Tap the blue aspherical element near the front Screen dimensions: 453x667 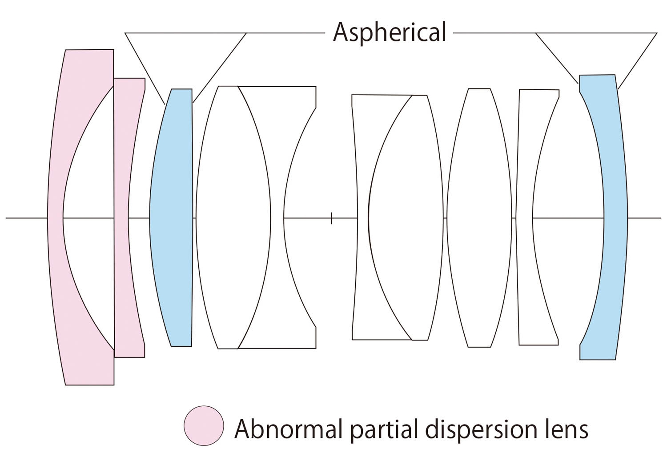(172, 218)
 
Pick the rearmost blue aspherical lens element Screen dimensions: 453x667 (616, 218)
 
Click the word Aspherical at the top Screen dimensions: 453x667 (389, 32)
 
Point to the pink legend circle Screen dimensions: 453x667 (204, 425)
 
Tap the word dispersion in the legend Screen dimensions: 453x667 (481, 429)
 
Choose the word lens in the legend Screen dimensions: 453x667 (565, 429)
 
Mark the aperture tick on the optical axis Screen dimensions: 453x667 (331, 218)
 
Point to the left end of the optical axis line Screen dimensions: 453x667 (7, 218)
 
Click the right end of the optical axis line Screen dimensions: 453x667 (660, 218)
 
